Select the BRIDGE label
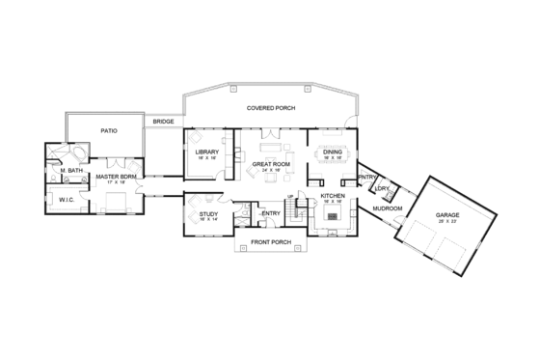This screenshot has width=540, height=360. coord(161,122)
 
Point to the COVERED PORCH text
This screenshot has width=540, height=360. coord(270,108)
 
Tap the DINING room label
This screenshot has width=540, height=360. coord(332,152)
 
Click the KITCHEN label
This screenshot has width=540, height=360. coord(332,196)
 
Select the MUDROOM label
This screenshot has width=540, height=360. coord(386,208)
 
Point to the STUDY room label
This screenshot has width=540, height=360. coord(208,213)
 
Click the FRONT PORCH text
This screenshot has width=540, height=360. coord(271,241)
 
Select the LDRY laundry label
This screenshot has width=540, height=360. coord(383,188)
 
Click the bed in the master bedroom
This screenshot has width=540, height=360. coord(118,202)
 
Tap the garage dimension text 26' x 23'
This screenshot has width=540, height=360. coord(447,222)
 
